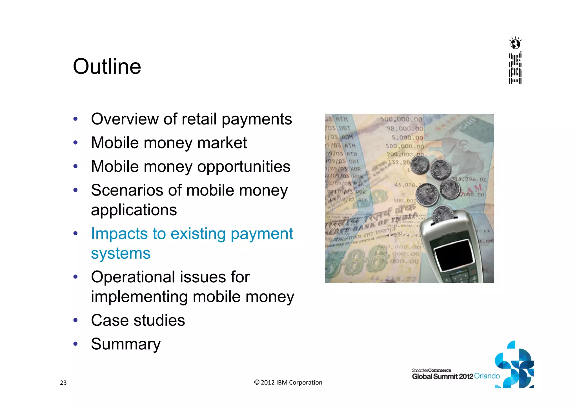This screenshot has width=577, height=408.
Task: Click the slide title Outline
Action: click(x=107, y=66)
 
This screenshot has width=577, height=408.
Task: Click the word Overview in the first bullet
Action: click(x=125, y=119)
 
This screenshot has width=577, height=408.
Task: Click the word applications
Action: click(x=134, y=210)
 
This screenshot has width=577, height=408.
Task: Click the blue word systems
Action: click(x=121, y=253)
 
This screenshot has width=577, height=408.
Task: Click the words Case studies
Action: click(x=138, y=320)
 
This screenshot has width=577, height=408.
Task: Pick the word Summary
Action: click(x=126, y=344)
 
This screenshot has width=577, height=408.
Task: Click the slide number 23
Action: click(x=63, y=383)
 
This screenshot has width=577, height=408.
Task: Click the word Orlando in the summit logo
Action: click(x=487, y=376)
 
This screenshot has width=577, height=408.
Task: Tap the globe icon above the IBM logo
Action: click(x=515, y=44)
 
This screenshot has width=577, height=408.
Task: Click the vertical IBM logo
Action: click(x=515, y=68)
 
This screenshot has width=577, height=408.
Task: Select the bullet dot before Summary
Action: click(x=75, y=344)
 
